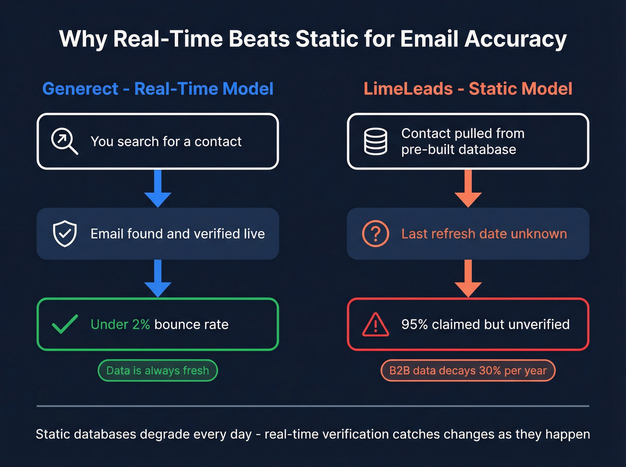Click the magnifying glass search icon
tap(64, 141)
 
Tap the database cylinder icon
tap(376, 141)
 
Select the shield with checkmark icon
tap(65, 233)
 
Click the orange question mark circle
tap(376, 233)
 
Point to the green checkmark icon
tap(65, 324)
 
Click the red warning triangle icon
tap(376, 324)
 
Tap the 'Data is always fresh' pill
tap(157, 370)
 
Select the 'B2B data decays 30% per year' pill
tap(468, 370)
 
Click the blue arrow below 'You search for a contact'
tap(157, 189)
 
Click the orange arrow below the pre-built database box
tap(468, 189)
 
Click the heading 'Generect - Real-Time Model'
tap(157, 88)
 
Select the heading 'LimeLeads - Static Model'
tap(468, 88)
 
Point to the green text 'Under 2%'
tap(120, 324)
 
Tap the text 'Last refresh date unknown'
tap(484, 233)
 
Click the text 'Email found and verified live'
tap(178, 233)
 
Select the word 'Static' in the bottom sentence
tap(53, 434)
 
